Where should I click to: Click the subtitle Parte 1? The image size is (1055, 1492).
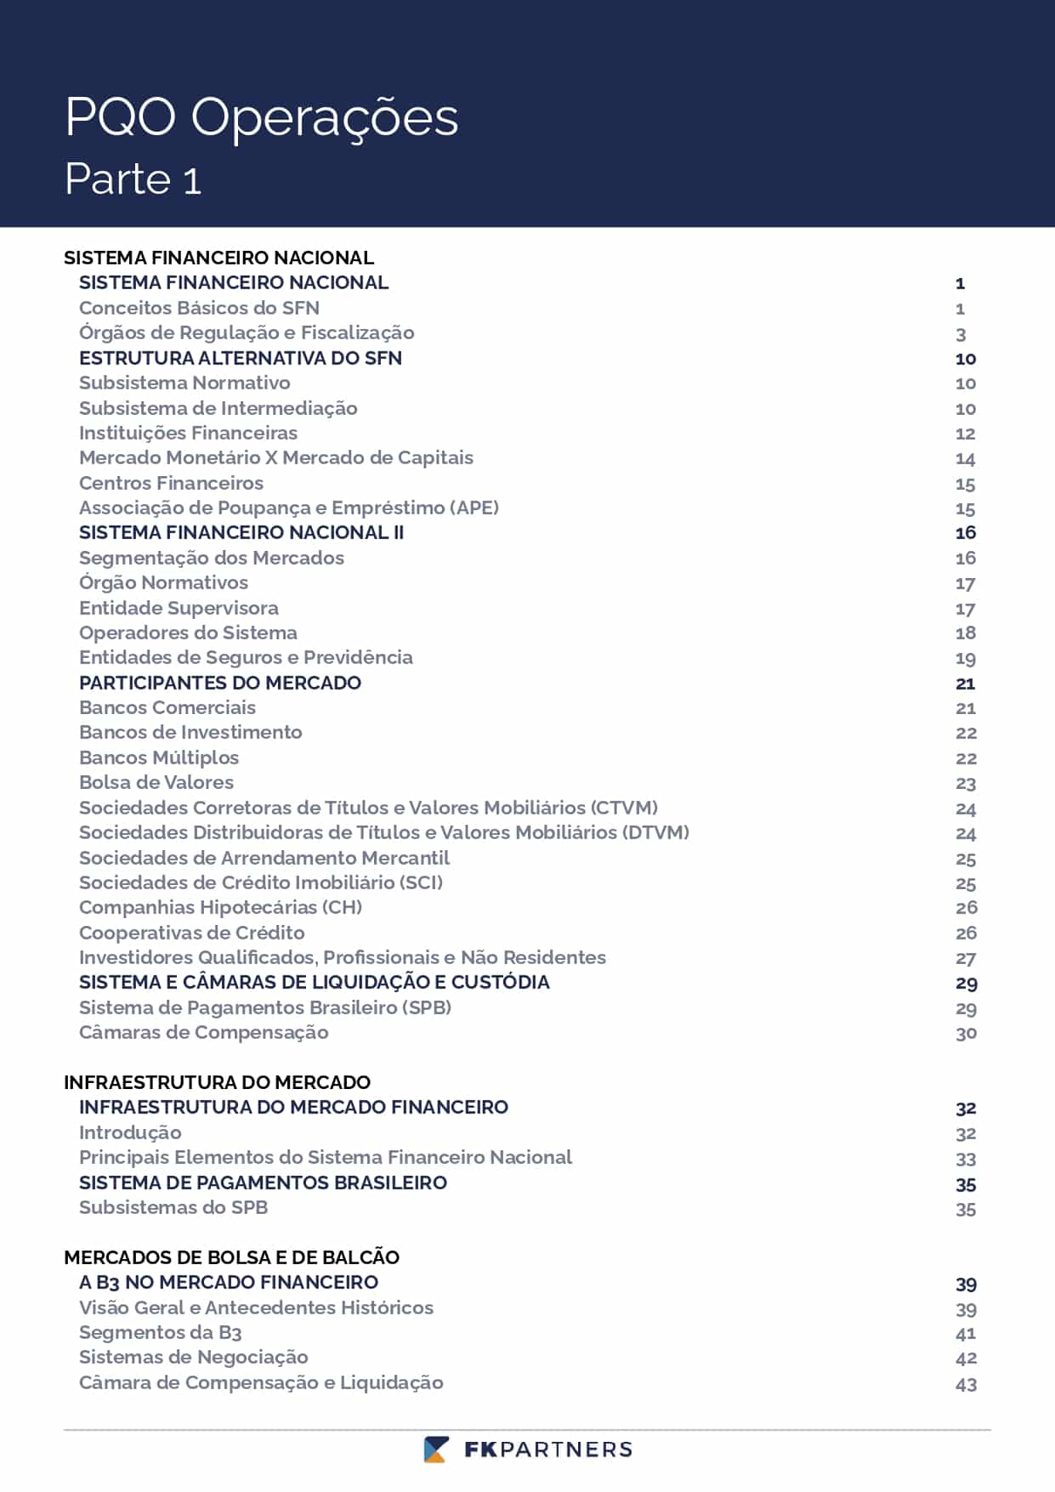click(133, 179)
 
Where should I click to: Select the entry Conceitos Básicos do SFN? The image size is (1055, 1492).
click(199, 308)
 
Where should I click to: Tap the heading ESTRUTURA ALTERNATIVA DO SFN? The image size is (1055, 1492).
click(241, 358)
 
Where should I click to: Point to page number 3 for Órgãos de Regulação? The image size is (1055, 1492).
click(961, 334)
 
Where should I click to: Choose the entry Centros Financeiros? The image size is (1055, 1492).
click(171, 483)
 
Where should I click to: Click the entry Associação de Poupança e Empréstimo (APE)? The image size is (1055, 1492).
click(289, 508)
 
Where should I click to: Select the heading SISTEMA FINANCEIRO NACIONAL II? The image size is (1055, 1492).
click(241, 532)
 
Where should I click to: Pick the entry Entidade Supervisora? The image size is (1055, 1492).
click(179, 608)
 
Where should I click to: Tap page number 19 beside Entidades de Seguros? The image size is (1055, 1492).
click(966, 659)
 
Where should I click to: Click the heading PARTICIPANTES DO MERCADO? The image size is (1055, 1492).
click(220, 683)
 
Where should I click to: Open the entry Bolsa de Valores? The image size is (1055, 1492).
click(156, 782)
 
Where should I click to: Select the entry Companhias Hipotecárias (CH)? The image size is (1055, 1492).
click(220, 907)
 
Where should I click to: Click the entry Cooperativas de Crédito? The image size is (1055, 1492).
click(191, 933)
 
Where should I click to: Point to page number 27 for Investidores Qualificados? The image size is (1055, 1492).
click(966, 959)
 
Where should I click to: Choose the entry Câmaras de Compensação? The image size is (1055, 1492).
click(203, 1032)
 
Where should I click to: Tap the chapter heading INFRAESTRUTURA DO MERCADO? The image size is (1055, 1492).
click(217, 1082)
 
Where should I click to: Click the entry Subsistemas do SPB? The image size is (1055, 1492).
click(173, 1207)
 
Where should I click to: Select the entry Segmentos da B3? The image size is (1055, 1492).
click(160, 1332)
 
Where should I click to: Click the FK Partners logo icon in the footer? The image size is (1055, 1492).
click(436, 1449)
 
